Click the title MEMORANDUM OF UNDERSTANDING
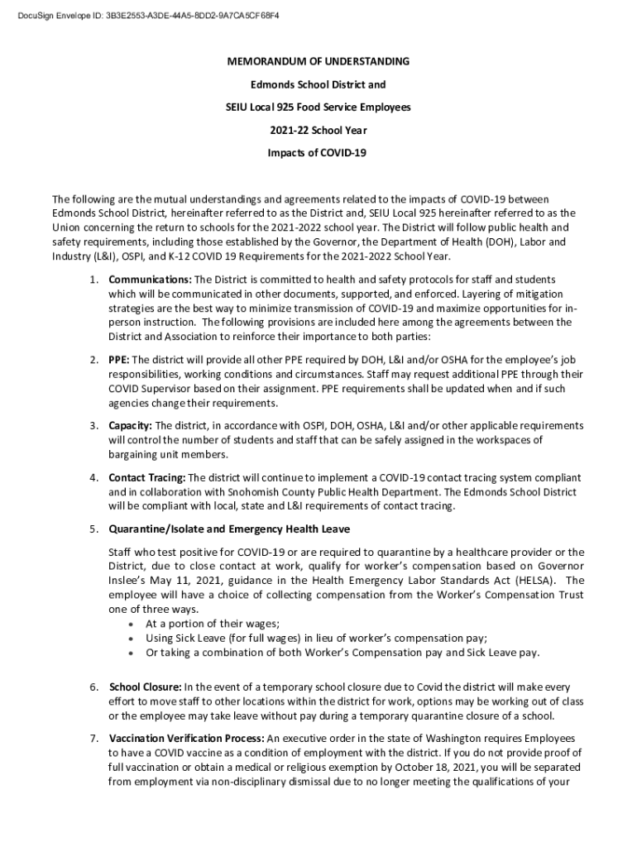pyautogui.click(x=318, y=62)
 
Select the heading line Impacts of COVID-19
pyautogui.click(x=318, y=153)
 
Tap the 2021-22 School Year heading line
pyautogui.click(x=318, y=130)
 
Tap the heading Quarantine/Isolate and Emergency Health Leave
pyautogui.click(x=229, y=529)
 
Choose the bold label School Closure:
pyautogui.click(x=146, y=687)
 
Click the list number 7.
pyautogui.click(x=93, y=738)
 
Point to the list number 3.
pyautogui.click(x=93, y=425)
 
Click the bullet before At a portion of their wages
pyautogui.click(x=133, y=624)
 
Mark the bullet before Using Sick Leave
pyautogui.click(x=133, y=639)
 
